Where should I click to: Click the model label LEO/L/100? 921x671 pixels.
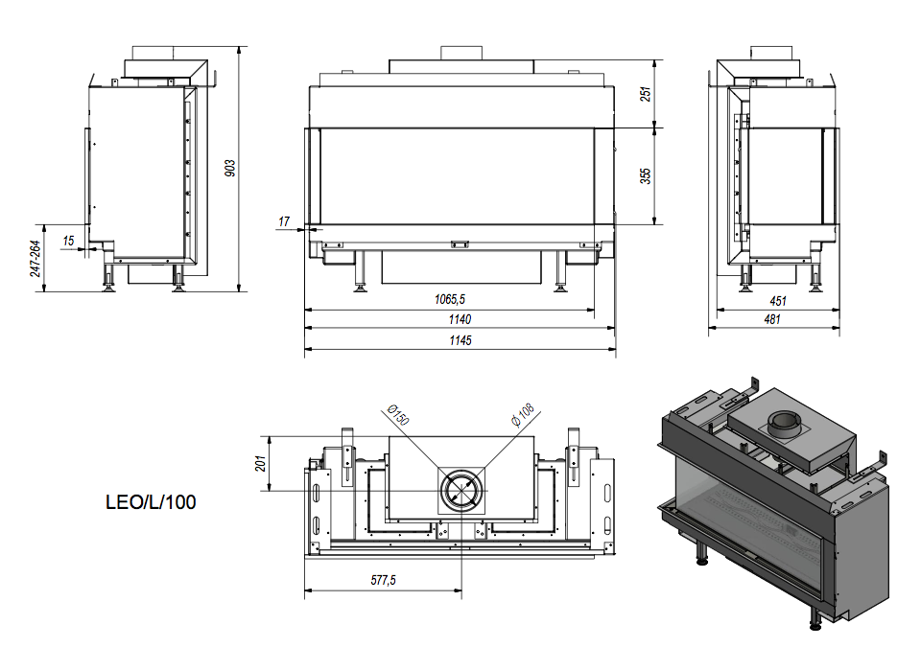[x=151, y=501]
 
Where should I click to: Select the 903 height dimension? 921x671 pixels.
[x=230, y=168]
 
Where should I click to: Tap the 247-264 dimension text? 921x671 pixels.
[x=36, y=258]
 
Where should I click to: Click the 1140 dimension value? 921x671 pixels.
[x=459, y=319]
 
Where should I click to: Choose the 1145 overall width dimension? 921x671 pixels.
[x=459, y=340]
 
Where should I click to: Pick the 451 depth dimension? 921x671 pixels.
[x=777, y=300]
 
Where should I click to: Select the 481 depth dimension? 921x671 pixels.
[x=772, y=319]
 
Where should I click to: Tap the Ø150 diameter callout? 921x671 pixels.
[x=398, y=415]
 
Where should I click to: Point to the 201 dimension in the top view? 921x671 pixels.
[x=260, y=463]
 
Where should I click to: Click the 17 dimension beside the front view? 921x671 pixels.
[x=284, y=221]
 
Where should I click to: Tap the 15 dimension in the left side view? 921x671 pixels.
[x=68, y=241]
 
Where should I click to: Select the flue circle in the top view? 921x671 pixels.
[x=462, y=490]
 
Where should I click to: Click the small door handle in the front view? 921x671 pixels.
[x=460, y=243]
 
